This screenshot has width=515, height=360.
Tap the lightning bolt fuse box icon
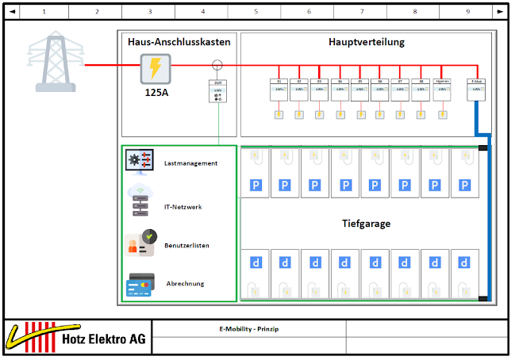(156, 69)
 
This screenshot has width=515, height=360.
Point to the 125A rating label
(156, 93)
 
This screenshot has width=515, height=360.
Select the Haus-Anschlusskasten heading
(179, 42)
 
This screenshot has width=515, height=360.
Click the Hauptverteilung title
(366, 42)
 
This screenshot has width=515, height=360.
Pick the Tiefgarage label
(366, 224)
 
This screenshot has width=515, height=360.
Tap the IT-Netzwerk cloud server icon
(140, 201)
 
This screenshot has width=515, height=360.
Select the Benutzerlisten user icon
(140, 243)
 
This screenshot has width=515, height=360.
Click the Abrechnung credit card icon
(140, 283)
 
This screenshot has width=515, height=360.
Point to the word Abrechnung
(185, 283)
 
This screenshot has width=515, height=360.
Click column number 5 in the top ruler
(256, 11)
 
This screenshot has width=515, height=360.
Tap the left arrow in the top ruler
(11, 11)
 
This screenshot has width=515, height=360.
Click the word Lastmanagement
(190, 163)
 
